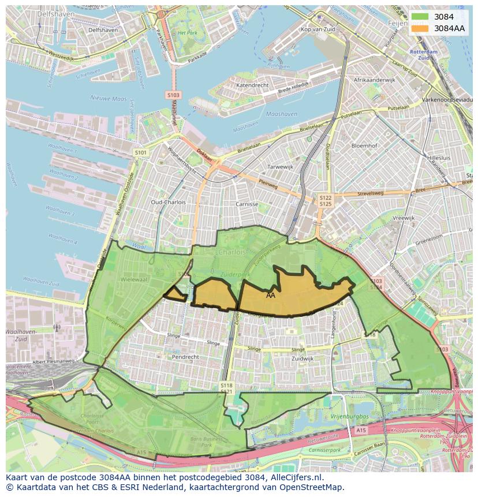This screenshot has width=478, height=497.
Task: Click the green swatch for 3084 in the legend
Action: coord(421,17)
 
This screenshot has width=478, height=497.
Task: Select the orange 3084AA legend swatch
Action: coord(421,28)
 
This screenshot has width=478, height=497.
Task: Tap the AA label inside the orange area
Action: coord(271,295)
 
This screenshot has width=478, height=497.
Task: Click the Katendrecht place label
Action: coord(252,85)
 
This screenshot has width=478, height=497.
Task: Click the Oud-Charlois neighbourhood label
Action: coord(168,203)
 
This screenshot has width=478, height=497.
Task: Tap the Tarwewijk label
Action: coord(264,167)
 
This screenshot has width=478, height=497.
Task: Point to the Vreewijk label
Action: coord(404,218)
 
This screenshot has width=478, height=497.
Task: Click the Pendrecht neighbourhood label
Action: coord(185,357)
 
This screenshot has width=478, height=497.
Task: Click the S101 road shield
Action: coord(141,152)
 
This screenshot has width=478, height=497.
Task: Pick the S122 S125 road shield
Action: coord(326,200)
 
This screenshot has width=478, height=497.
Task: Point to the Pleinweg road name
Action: coord(268,186)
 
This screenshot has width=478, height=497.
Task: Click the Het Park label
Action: coord(188,33)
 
